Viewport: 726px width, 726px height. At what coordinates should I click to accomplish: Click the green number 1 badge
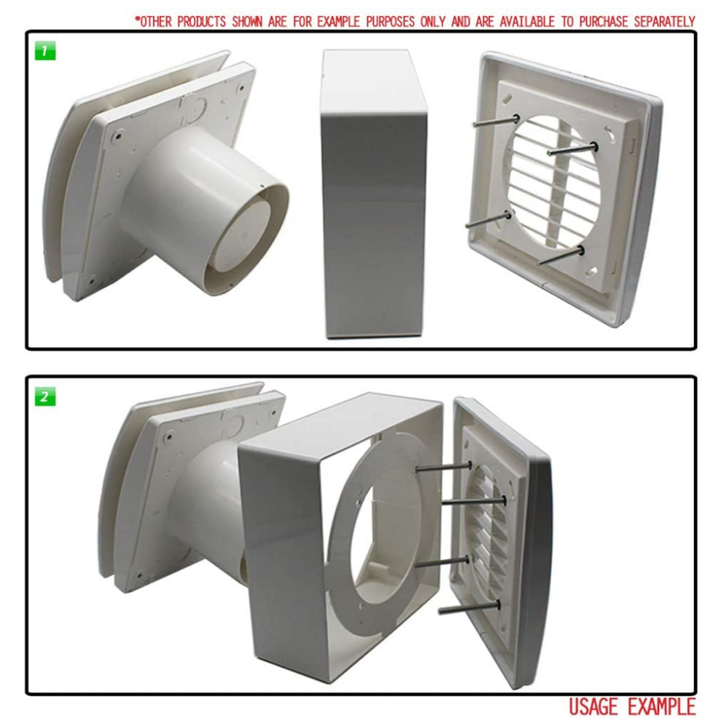click(x=45, y=51)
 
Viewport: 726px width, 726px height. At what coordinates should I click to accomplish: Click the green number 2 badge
click(x=45, y=396)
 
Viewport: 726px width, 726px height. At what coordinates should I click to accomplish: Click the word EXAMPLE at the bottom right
click(x=661, y=707)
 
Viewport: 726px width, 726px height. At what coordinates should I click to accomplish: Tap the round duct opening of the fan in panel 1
click(x=248, y=236)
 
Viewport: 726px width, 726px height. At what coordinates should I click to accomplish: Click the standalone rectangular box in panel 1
click(x=374, y=194)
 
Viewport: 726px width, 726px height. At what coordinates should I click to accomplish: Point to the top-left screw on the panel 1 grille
click(x=495, y=121)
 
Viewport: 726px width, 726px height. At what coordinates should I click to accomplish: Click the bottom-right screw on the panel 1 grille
click(x=560, y=256)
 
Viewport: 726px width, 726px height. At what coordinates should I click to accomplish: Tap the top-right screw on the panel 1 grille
click(x=573, y=149)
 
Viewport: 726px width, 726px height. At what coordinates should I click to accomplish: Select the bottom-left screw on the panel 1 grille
click(x=489, y=220)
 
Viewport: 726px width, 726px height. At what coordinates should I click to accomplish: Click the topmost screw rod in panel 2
click(x=444, y=468)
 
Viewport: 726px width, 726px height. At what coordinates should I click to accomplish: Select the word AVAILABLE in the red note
click(x=527, y=21)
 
